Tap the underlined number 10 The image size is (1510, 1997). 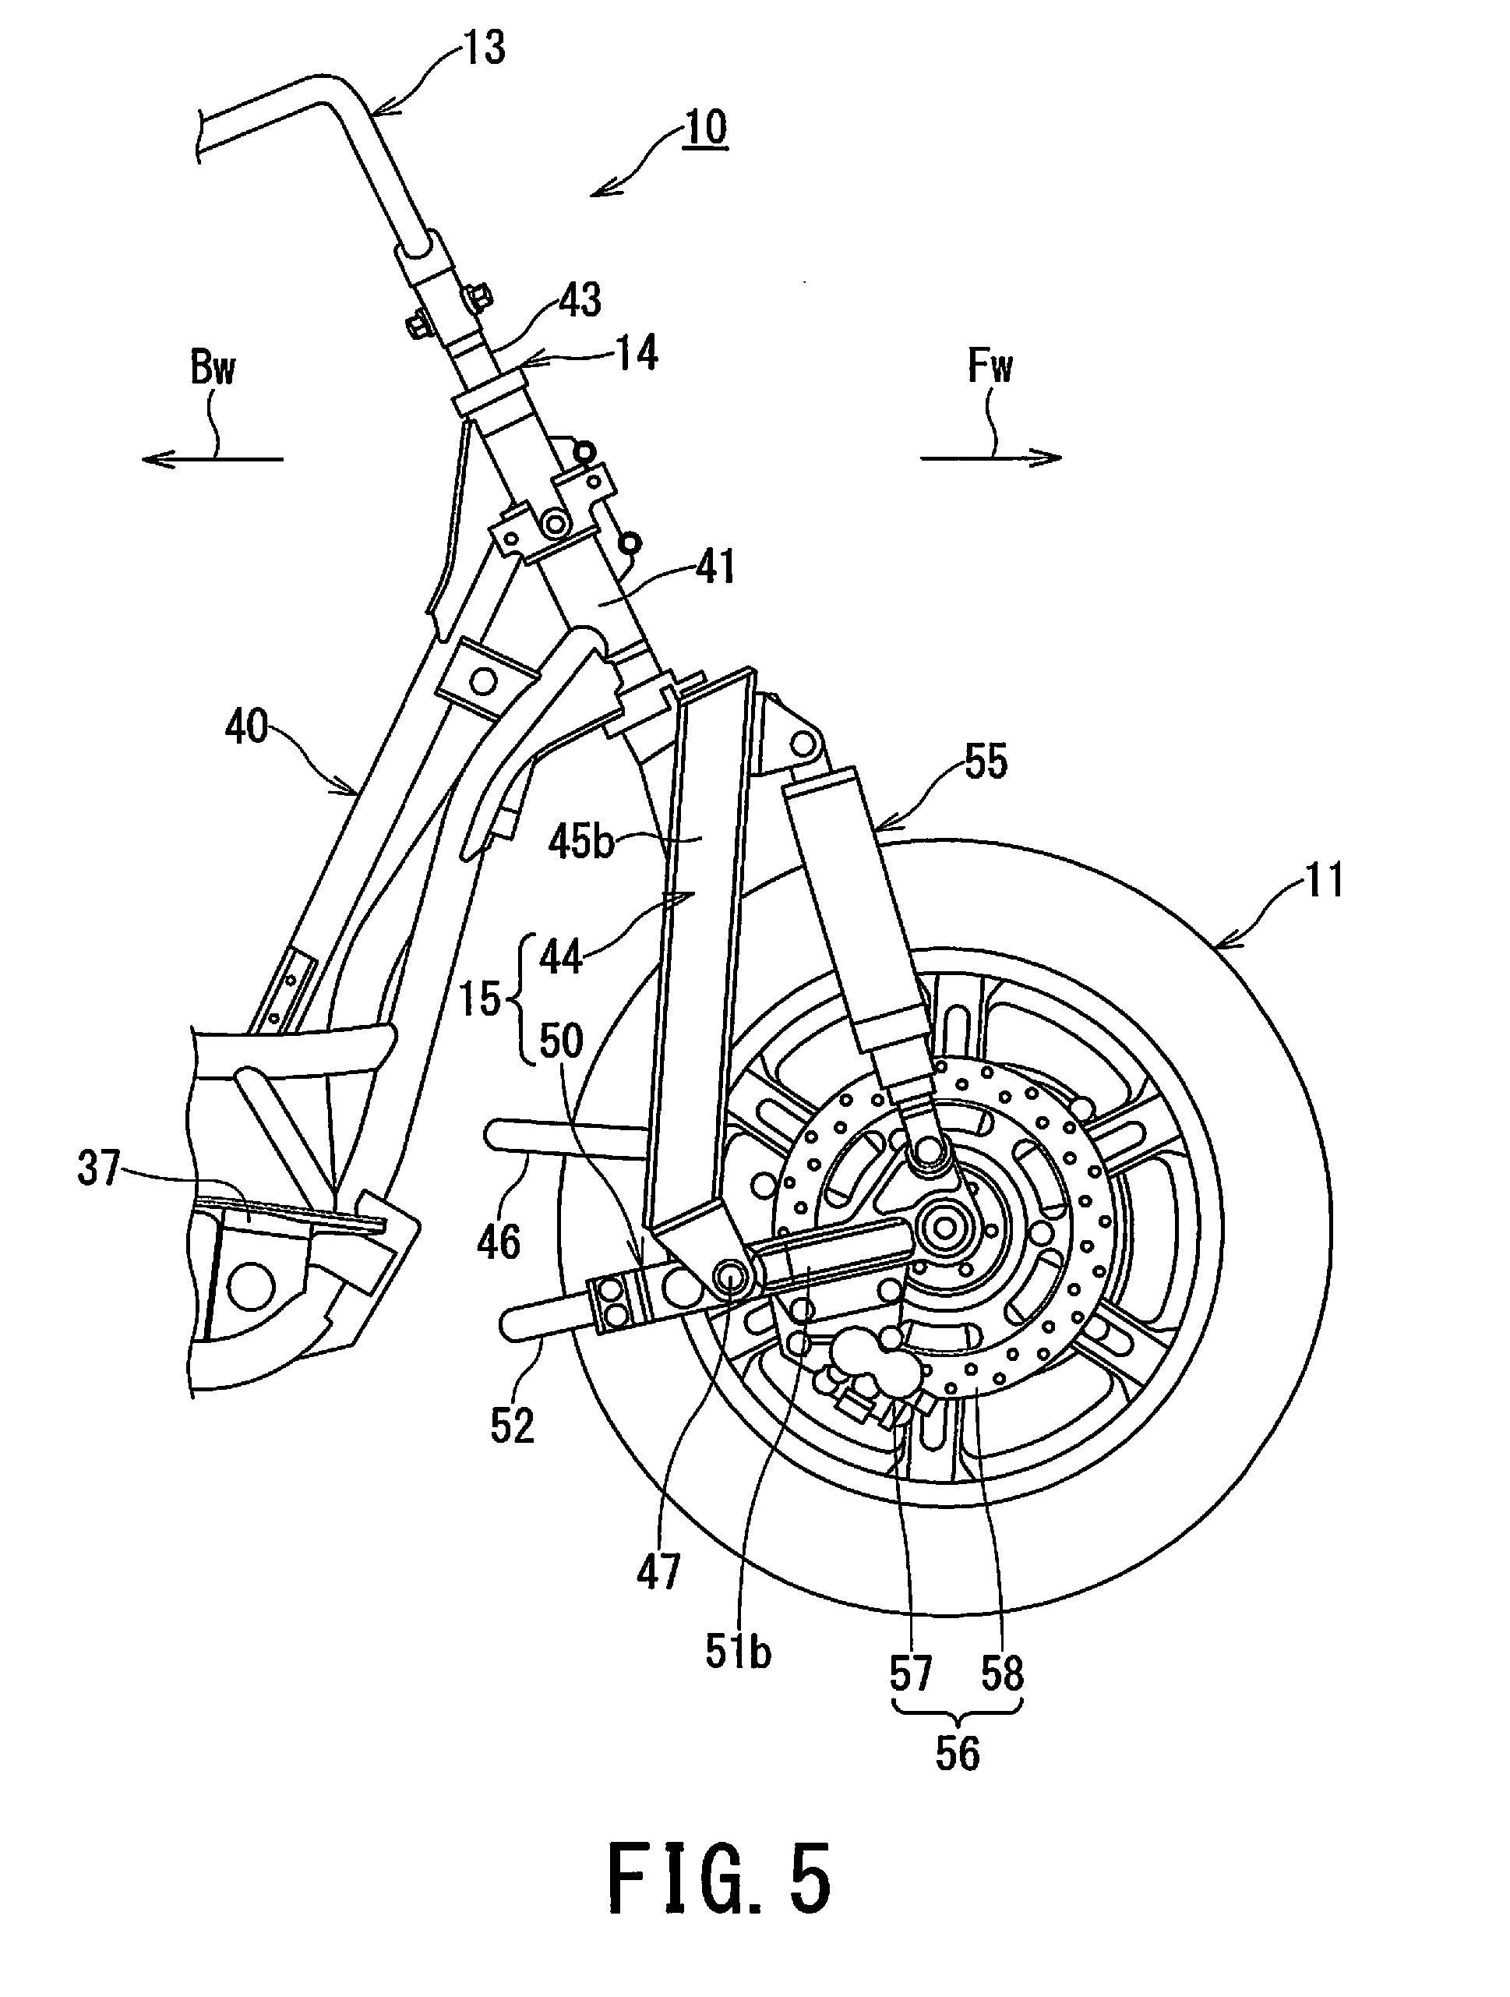705,127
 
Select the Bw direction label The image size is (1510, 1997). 213,367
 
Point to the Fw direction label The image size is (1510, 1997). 990,366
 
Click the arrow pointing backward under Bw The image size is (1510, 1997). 212,458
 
